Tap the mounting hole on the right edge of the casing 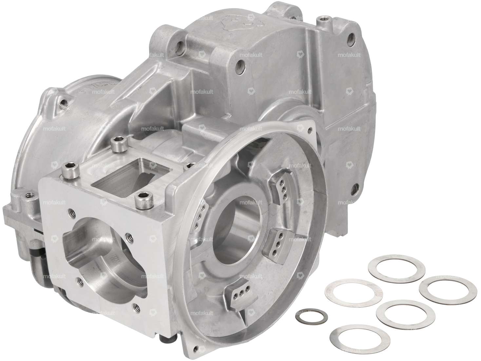pyautogui.click(x=353, y=190)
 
